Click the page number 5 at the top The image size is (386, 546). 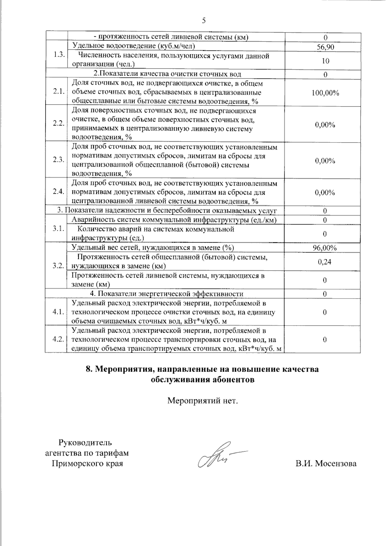[204, 21]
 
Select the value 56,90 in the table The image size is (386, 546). [325, 47]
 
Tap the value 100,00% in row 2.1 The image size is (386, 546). [325, 93]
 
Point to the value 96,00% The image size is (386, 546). [325, 248]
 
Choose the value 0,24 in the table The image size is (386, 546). [325, 262]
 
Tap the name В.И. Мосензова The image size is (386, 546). [326, 464]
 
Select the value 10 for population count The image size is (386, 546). [325, 61]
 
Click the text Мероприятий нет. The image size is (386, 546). [203, 401]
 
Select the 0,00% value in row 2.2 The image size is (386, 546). [325, 125]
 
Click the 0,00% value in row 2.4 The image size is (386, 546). [325, 193]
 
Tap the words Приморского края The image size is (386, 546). [87, 464]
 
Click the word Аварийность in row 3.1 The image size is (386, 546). [90, 220]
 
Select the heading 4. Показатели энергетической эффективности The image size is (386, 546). [166, 294]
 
